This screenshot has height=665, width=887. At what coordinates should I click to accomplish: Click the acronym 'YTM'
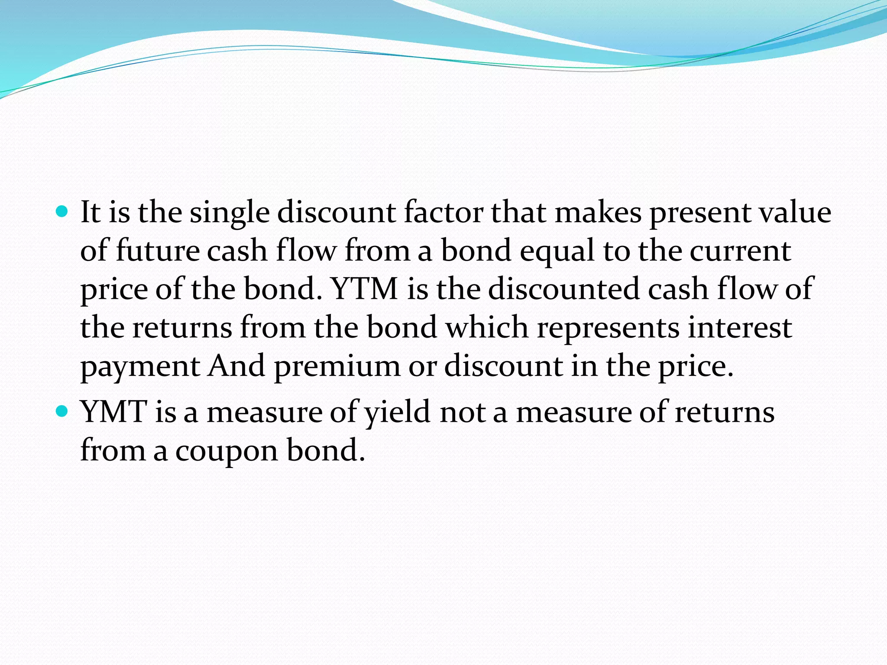click(x=365, y=289)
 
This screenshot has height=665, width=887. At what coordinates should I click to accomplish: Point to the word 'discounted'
click(x=563, y=289)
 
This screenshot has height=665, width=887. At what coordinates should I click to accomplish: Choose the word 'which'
click(x=487, y=327)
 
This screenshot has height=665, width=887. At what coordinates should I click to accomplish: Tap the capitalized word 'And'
click(x=236, y=366)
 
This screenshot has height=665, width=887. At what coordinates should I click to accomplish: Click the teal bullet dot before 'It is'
click(x=62, y=212)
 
